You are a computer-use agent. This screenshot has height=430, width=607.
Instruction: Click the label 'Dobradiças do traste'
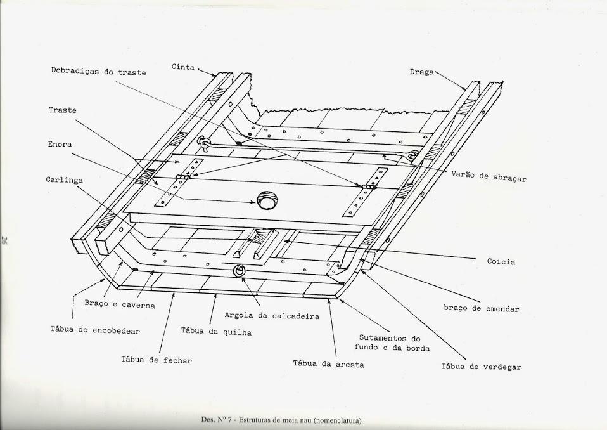(x=98, y=72)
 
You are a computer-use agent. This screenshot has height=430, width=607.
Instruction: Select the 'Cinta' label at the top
(x=183, y=67)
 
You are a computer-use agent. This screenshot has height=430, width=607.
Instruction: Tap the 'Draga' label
(x=421, y=72)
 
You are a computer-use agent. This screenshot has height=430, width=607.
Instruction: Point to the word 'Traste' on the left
(x=62, y=110)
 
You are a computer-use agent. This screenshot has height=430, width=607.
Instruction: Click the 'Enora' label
(x=60, y=145)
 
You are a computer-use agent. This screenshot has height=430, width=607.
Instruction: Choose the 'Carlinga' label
(x=65, y=180)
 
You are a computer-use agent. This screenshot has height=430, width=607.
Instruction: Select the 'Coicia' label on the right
(x=501, y=261)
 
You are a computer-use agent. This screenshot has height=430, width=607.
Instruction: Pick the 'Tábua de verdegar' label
(x=481, y=367)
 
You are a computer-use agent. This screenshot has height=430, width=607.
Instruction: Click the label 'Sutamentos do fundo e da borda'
(x=394, y=343)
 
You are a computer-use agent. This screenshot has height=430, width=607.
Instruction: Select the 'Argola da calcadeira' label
(x=271, y=315)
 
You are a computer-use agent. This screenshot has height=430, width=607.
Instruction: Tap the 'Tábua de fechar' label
(x=156, y=360)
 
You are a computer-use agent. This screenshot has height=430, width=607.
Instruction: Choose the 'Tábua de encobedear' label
(x=95, y=330)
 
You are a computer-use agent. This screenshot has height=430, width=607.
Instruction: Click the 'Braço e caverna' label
(x=119, y=304)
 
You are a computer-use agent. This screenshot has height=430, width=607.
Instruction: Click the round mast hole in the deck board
(x=267, y=200)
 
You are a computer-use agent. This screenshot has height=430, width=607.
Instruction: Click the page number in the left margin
(x=5, y=240)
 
